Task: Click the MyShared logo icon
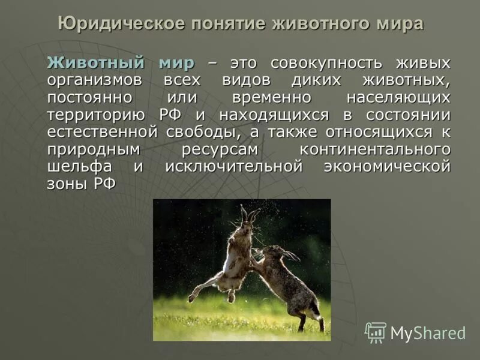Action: [x=376, y=332]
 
